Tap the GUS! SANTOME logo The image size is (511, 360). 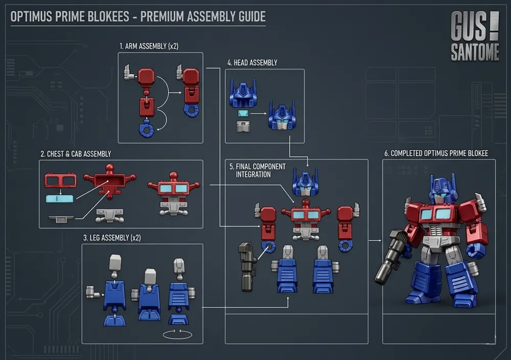point(475,36)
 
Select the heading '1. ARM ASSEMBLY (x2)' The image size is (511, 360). point(149,47)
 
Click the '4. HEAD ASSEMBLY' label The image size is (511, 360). point(252,62)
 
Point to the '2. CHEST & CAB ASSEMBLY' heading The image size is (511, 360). point(76,154)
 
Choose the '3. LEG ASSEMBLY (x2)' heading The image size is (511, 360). point(112,238)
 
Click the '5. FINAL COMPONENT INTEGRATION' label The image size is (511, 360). point(257,171)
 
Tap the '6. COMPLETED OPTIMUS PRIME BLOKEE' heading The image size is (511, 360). point(436,153)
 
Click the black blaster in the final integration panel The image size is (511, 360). point(247,266)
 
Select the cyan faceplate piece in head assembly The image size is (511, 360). point(243,114)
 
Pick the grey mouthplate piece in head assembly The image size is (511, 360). point(243,126)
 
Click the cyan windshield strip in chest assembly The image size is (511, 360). point(60,198)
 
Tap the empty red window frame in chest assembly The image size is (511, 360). point(61,181)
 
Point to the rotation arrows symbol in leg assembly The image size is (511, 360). point(177,334)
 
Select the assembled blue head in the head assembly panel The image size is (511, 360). point(282,116)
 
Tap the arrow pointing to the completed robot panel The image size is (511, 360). point(375,241)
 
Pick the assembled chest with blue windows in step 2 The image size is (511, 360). point(174,194)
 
